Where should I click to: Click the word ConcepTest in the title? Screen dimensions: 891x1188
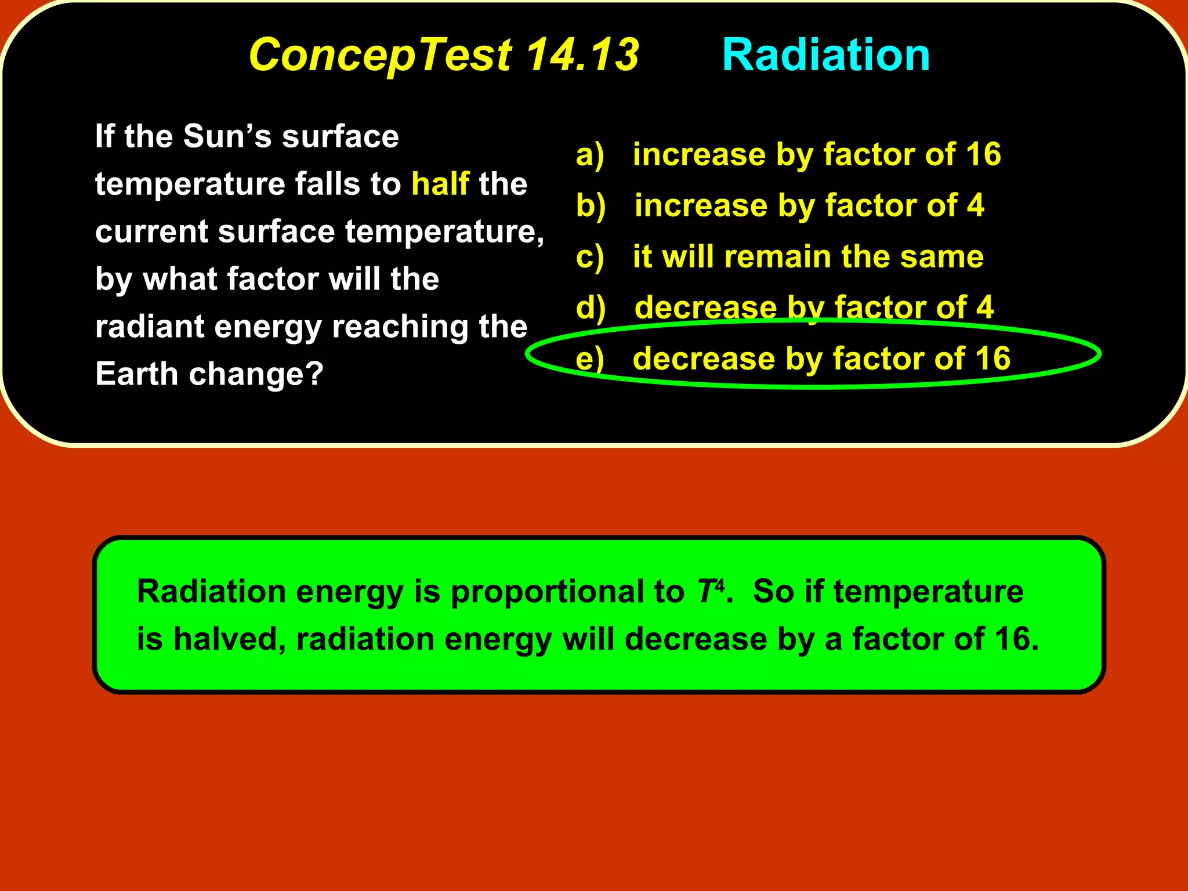coord(380,55)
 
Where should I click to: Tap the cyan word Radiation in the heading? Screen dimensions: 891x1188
coord(825,55)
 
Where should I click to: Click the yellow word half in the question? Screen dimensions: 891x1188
coord(440,184)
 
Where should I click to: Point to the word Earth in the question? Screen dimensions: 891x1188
coord(136,374)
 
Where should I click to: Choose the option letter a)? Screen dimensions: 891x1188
coord(590,155)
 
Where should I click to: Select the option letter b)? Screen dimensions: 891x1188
coord(591,206)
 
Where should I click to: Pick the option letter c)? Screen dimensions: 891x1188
coord(590,257)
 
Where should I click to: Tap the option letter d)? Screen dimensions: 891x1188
coord(591,307)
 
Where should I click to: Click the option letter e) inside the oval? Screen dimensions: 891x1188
coord(590,358)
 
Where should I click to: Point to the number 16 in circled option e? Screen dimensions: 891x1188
coord(993,358)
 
